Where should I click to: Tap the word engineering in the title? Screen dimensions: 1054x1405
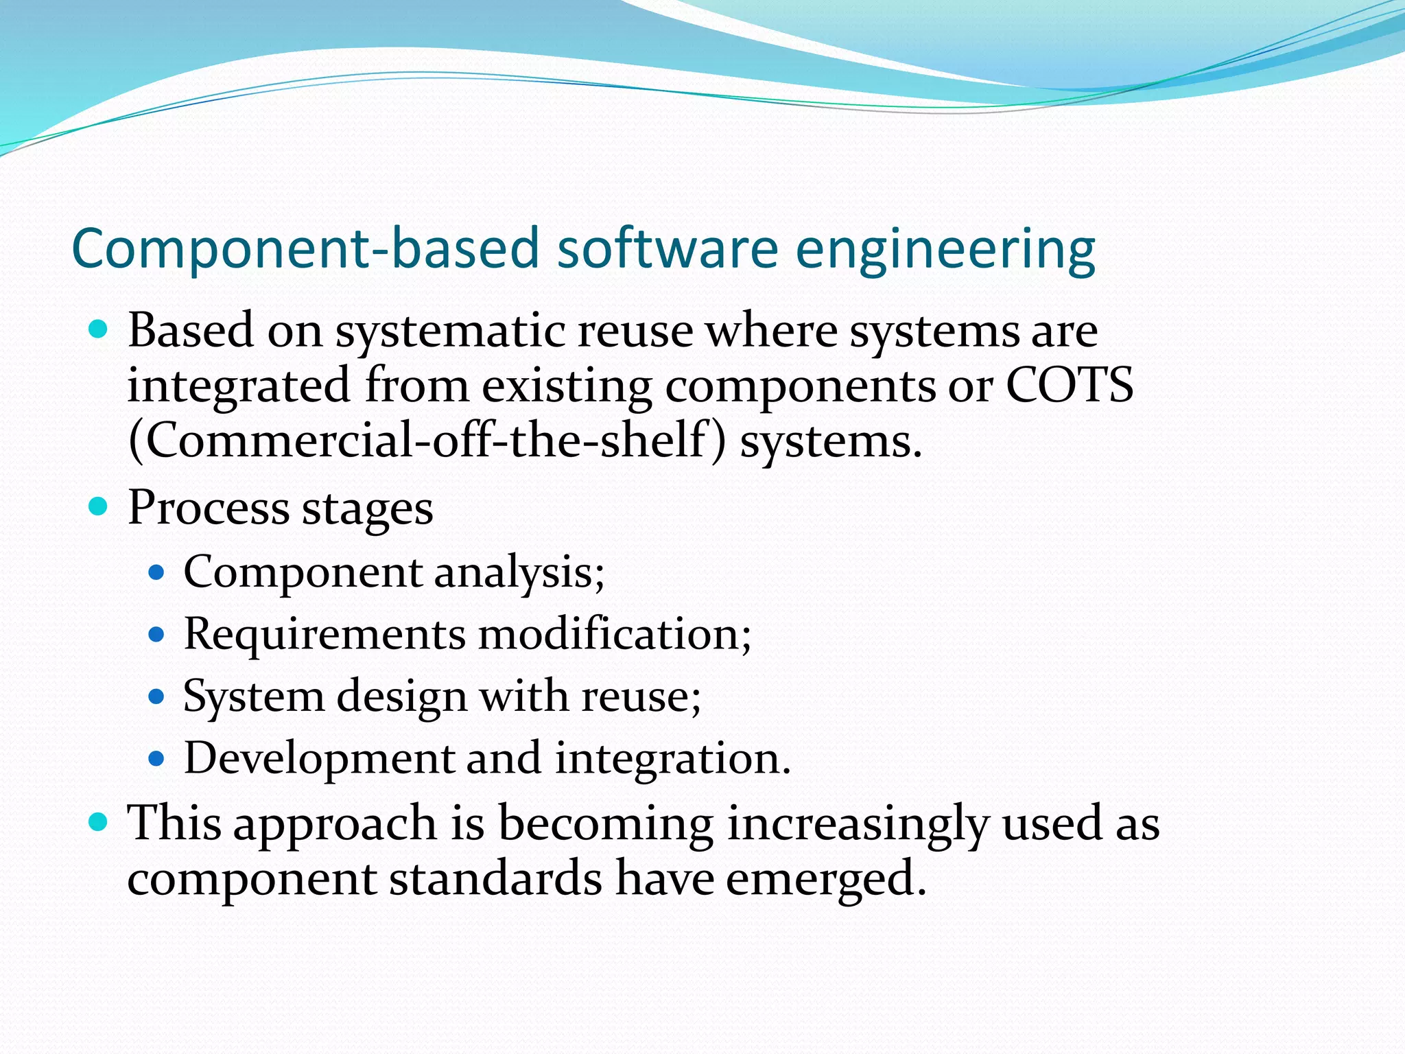tap(945, 250)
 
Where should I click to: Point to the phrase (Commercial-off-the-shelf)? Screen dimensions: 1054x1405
tap(426, 440)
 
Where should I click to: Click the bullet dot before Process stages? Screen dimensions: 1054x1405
tap(99, 507)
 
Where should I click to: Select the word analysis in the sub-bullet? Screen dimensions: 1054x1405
tap(519, 572)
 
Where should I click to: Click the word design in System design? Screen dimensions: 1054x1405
tap(402, 696)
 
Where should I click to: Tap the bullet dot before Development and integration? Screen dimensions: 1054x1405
tap(157, 759)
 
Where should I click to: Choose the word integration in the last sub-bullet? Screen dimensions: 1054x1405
tap(672, 759)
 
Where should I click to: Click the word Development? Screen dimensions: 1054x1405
tap(319, 759)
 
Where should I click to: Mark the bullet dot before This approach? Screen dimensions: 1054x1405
tap(99, 821)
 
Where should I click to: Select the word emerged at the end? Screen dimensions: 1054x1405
tap(826, 880)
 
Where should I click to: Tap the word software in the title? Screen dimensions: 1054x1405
tap(667, 248)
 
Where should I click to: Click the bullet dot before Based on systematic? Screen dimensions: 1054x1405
tap(99, 330)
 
